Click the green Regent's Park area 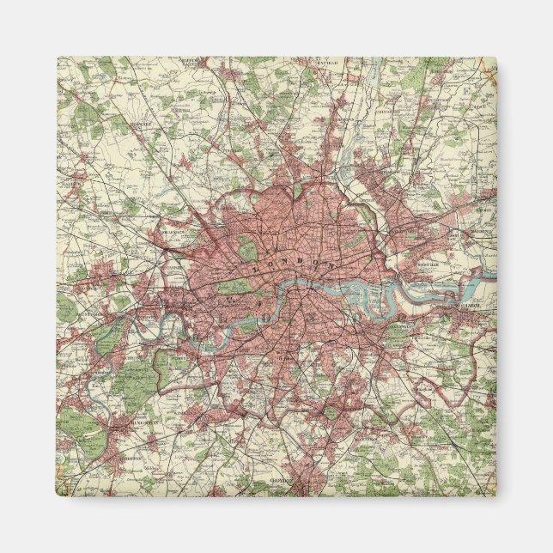point(246,250)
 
